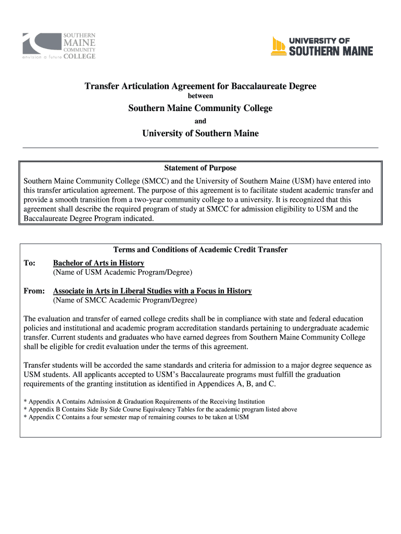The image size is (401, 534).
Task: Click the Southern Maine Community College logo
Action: click(58, 46)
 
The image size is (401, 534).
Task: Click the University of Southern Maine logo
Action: click(322, 46)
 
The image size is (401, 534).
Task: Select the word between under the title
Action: click(200, 96)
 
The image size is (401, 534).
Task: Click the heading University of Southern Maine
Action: click(200, 133)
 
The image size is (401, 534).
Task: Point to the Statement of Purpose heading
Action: click(200, 168)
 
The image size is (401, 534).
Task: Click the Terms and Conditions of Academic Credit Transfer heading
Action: click(200, 250)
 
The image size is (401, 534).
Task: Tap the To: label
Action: click(30, 263)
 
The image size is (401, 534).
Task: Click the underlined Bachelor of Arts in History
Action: click(98, 263)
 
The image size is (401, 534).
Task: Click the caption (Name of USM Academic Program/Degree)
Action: click(123, 272)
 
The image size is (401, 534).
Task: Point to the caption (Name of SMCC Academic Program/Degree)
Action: click(125, 300)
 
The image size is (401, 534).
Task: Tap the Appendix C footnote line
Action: click(136, 417)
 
